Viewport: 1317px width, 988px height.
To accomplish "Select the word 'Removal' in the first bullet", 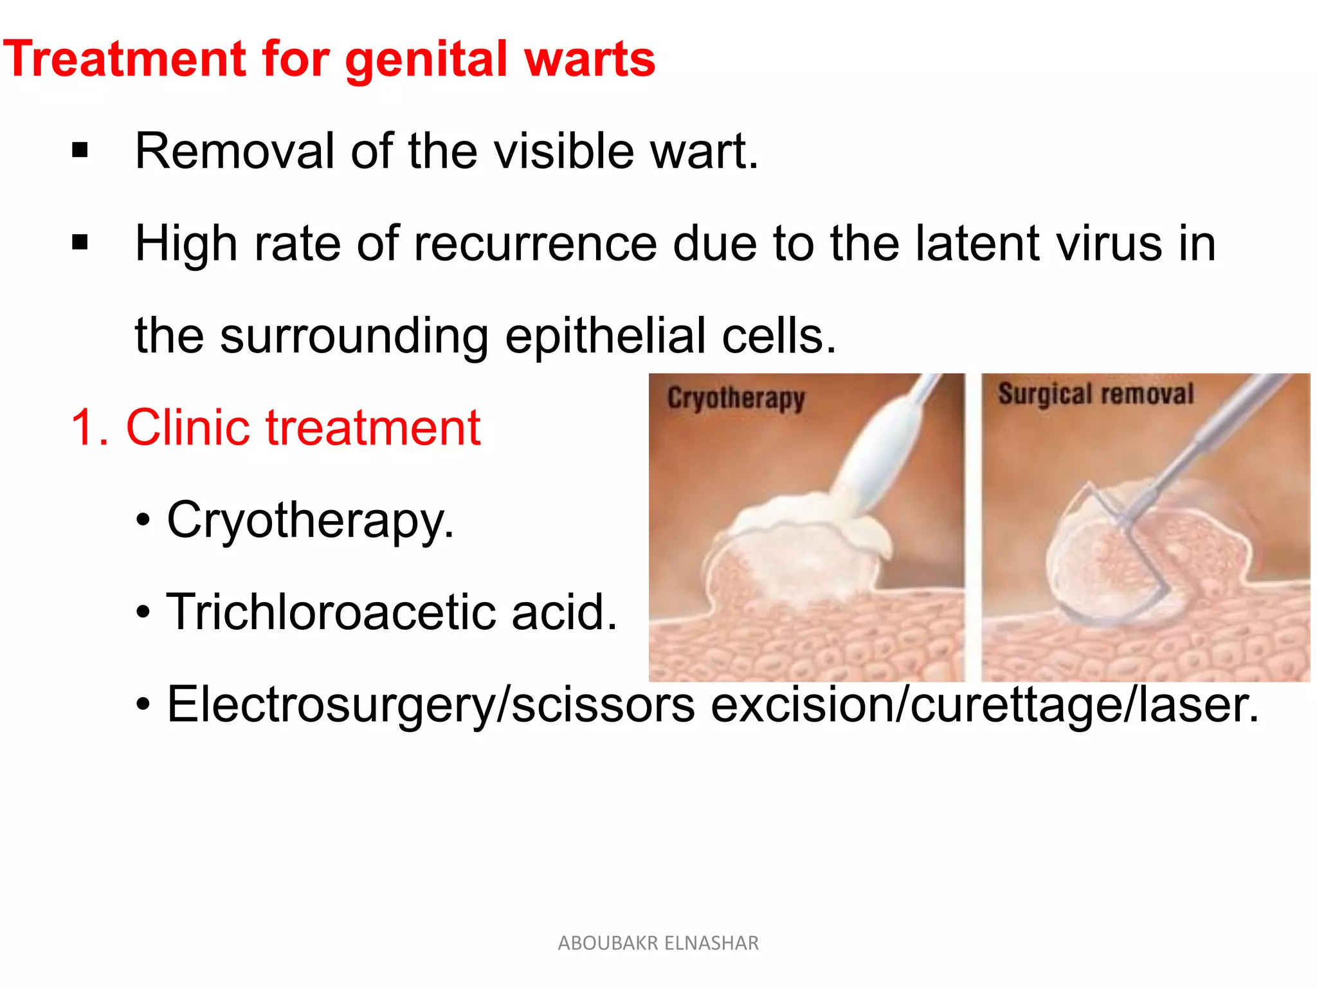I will click(x=235, y=151).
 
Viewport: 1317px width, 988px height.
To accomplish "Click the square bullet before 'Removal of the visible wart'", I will click(x=80, y=151).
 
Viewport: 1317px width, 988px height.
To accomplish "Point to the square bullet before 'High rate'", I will click(x=80, y=243).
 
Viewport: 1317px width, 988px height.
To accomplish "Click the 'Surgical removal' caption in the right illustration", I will click(x=1096, y=394).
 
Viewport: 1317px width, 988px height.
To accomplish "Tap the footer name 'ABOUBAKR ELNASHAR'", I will click(x=658, y=943).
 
